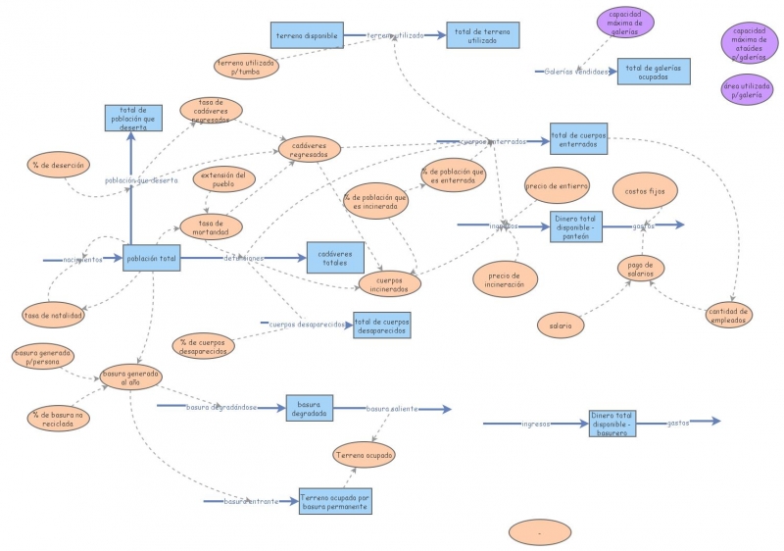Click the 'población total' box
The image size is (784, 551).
[x=151, y=259]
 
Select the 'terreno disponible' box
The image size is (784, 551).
[x=306, y=35]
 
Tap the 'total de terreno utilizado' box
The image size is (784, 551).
[x=482, y=35]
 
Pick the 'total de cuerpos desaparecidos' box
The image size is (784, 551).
[x=382, y=326]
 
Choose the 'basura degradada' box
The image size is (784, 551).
[x=309, y=409]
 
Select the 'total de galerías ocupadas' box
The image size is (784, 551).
[x=653, y=72]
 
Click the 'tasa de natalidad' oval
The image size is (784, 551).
[x=54, y=315]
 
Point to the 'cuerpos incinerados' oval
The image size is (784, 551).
[x=389, y=284]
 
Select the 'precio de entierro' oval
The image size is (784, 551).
[x=557, y=185]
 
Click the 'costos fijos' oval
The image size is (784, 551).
[x=644, y=190]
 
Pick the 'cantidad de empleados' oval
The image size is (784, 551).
[x=730, y=315]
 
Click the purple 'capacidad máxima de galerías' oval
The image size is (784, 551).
[x=624, y=23]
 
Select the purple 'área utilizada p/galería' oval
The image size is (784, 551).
[x=750, y=90]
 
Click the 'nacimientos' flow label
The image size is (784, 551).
[x=82, y=260]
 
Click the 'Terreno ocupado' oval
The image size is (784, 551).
[x=365, y=455]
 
